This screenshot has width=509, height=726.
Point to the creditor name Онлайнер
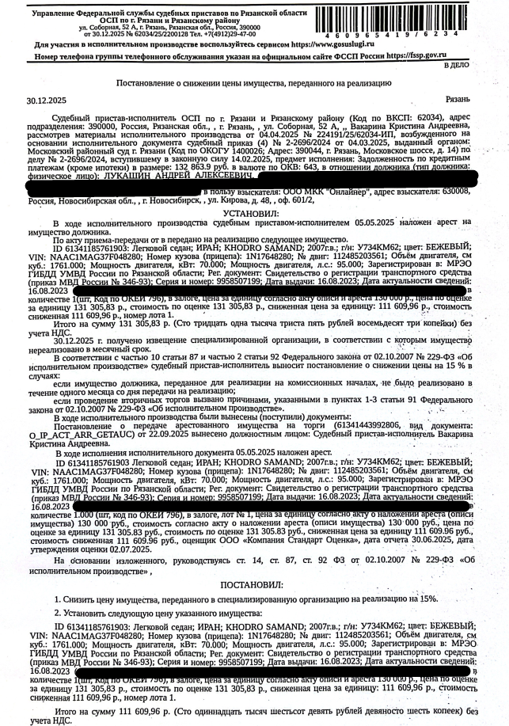[325, 192]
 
